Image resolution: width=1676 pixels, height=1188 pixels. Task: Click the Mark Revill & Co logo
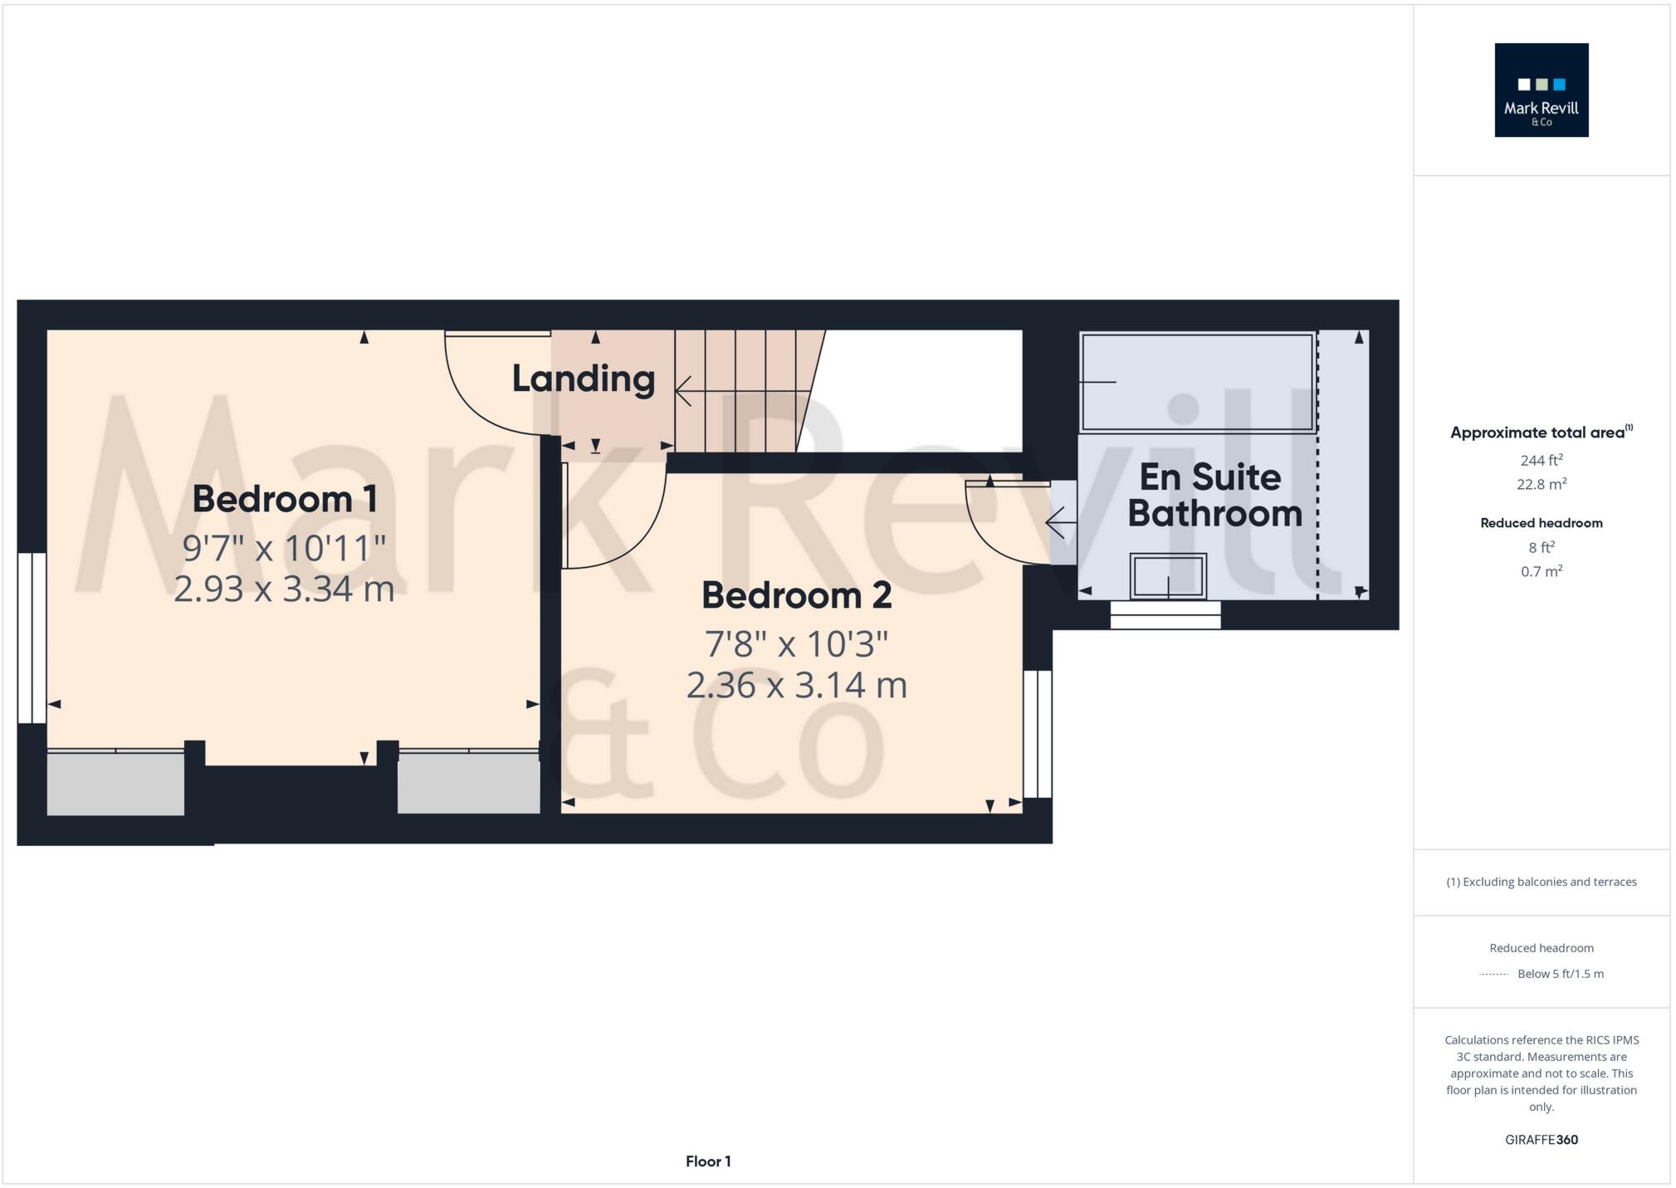1541,90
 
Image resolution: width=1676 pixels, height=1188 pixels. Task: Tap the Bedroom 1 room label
285,499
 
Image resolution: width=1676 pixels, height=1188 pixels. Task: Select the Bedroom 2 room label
796,595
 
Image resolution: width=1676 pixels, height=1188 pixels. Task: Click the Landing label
583,379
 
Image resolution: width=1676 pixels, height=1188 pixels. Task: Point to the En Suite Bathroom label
1213,495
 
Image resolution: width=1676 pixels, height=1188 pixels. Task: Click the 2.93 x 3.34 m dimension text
284,589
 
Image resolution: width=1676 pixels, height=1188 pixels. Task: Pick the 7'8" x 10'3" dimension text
796,644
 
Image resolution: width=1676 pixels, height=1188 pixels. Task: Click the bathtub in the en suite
1197,382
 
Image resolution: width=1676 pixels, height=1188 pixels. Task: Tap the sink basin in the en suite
1167,575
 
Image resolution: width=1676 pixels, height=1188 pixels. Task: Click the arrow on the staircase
686,390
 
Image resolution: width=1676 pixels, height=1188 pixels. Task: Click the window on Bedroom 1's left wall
32,638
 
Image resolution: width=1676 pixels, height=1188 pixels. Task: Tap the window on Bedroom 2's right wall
1037,734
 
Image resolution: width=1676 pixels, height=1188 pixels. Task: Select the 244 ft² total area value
1541,460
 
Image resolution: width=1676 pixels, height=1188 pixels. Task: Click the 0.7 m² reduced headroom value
1541,571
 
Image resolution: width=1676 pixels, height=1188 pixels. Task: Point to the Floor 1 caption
708,1161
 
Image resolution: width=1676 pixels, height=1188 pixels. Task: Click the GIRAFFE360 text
1541,1140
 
